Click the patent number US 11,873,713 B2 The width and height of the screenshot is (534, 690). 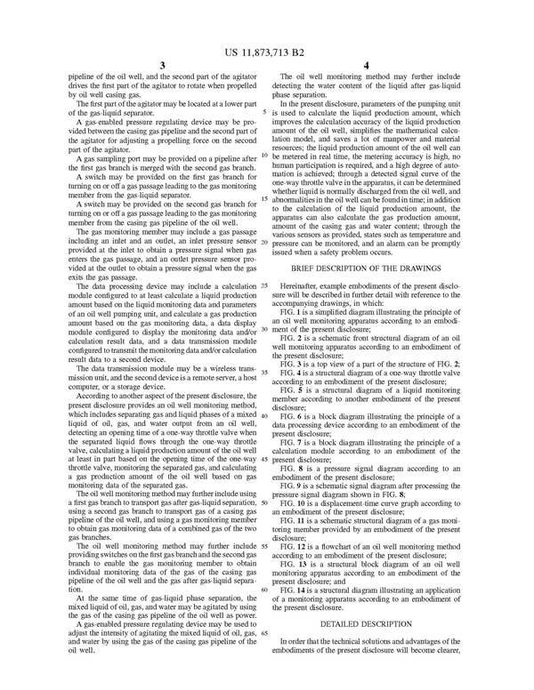(x=267, y=41)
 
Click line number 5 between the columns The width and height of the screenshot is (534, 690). (x=266, y=113)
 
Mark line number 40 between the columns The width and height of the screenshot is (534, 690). (x=266, y=414)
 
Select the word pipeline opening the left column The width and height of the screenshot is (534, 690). (x=85, y=78)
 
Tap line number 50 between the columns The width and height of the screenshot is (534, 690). (x=266, y=502)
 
